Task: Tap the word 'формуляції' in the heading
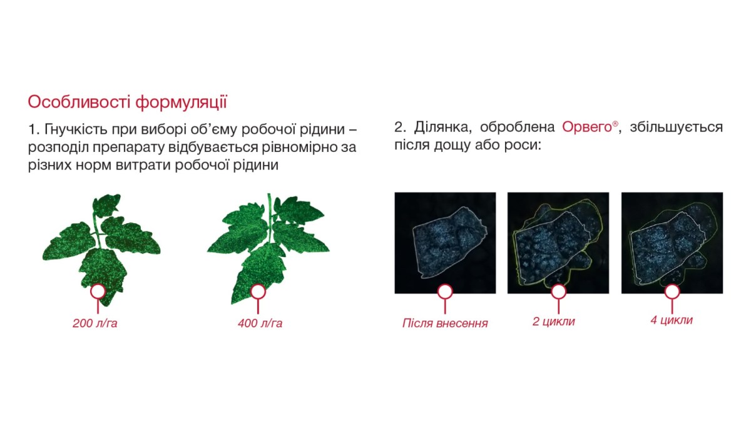[181, 103]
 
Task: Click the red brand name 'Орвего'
[587, 128]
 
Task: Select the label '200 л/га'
[95, 323]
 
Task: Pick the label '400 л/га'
[260, 323]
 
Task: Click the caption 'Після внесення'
[445, 323]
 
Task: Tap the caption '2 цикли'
[553, 321]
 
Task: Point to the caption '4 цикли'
[672, 320]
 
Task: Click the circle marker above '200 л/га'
[98, 292]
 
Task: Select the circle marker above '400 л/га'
[258, 292]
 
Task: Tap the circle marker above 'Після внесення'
[445, 292]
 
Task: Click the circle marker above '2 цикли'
[558, 292]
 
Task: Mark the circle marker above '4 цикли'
[672, 292]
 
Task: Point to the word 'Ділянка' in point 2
[443, 128]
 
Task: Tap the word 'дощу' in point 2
[452, 146]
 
